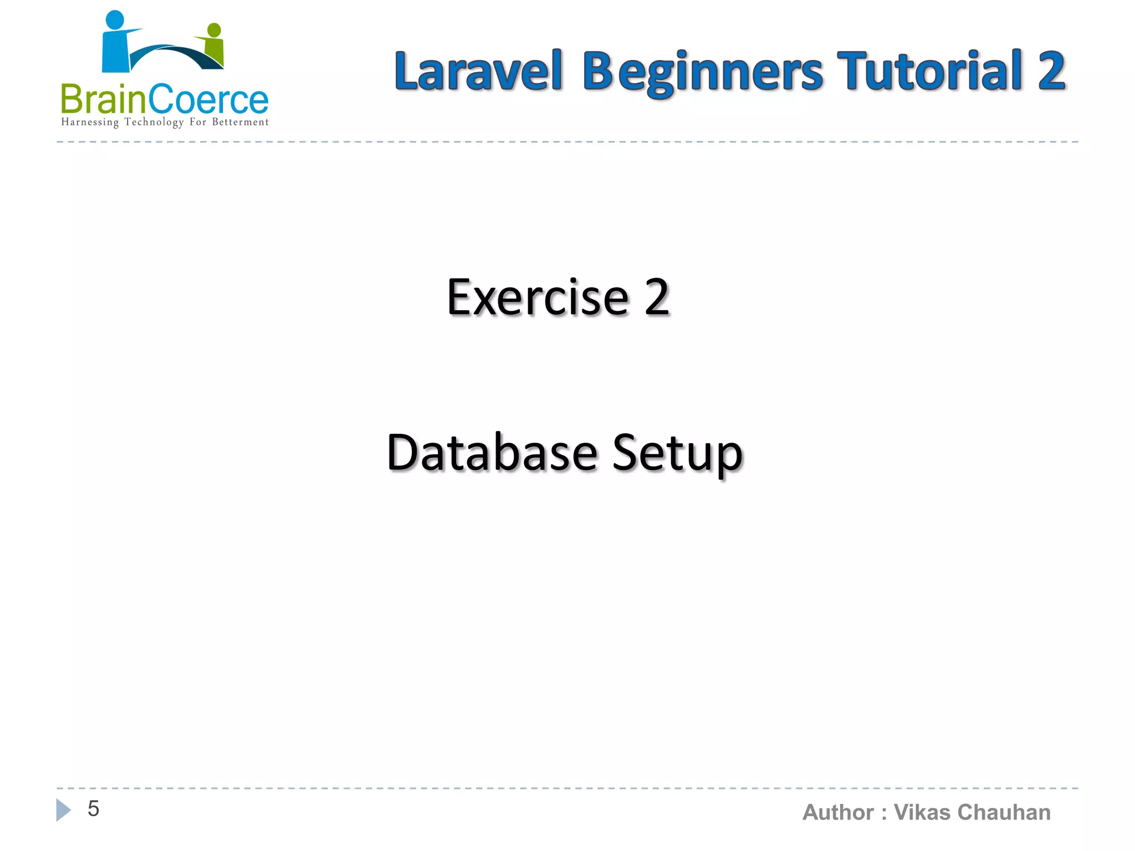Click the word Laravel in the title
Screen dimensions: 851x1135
click(x=478, y=71)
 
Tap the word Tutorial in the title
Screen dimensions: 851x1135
click(x=929, y=71)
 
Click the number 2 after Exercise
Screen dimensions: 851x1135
click(x=657, y=298)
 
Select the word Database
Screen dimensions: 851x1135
click(x=492, y=453)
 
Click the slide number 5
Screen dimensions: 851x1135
click(x=93, y=809)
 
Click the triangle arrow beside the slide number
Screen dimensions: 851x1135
click(x=63, y=810)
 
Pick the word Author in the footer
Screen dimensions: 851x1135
click(x=837, y=813)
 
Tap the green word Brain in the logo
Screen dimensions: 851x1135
click(x=103, y=100)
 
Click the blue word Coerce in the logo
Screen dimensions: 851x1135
click(x=208, y=100)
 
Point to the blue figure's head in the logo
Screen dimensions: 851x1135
click(x=115, y=19)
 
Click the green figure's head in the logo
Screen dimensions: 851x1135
click(x=214, y=30)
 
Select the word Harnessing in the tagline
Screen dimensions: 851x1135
click(x=90, y=122)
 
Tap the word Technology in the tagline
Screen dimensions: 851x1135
click(x=154, y=122)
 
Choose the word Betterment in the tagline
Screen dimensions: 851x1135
click(x=240, y=122)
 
